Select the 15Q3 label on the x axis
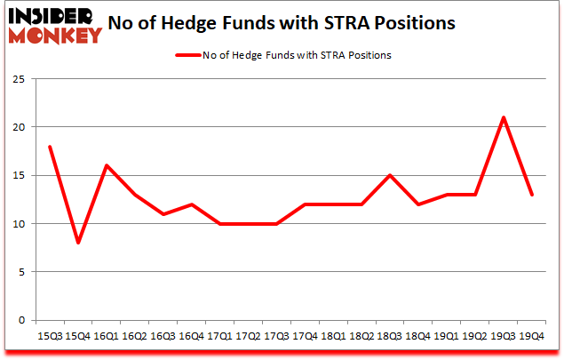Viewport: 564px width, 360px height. click(50, 337)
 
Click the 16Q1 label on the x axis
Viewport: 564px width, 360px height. click(107, 337)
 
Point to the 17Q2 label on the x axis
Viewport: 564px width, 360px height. click(249, 337)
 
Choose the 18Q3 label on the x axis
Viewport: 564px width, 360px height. click(390, 337)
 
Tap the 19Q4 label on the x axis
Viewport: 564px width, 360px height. click(531, 337)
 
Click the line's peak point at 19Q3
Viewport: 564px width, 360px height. click(504, 117)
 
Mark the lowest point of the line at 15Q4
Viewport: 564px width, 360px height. click(78, 243)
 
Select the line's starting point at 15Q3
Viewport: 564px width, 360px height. click(50, 147)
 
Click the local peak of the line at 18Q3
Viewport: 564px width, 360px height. click(390, 175)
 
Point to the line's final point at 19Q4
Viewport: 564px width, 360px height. click(531, 195)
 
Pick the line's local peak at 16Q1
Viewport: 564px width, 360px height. click(107, 165)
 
